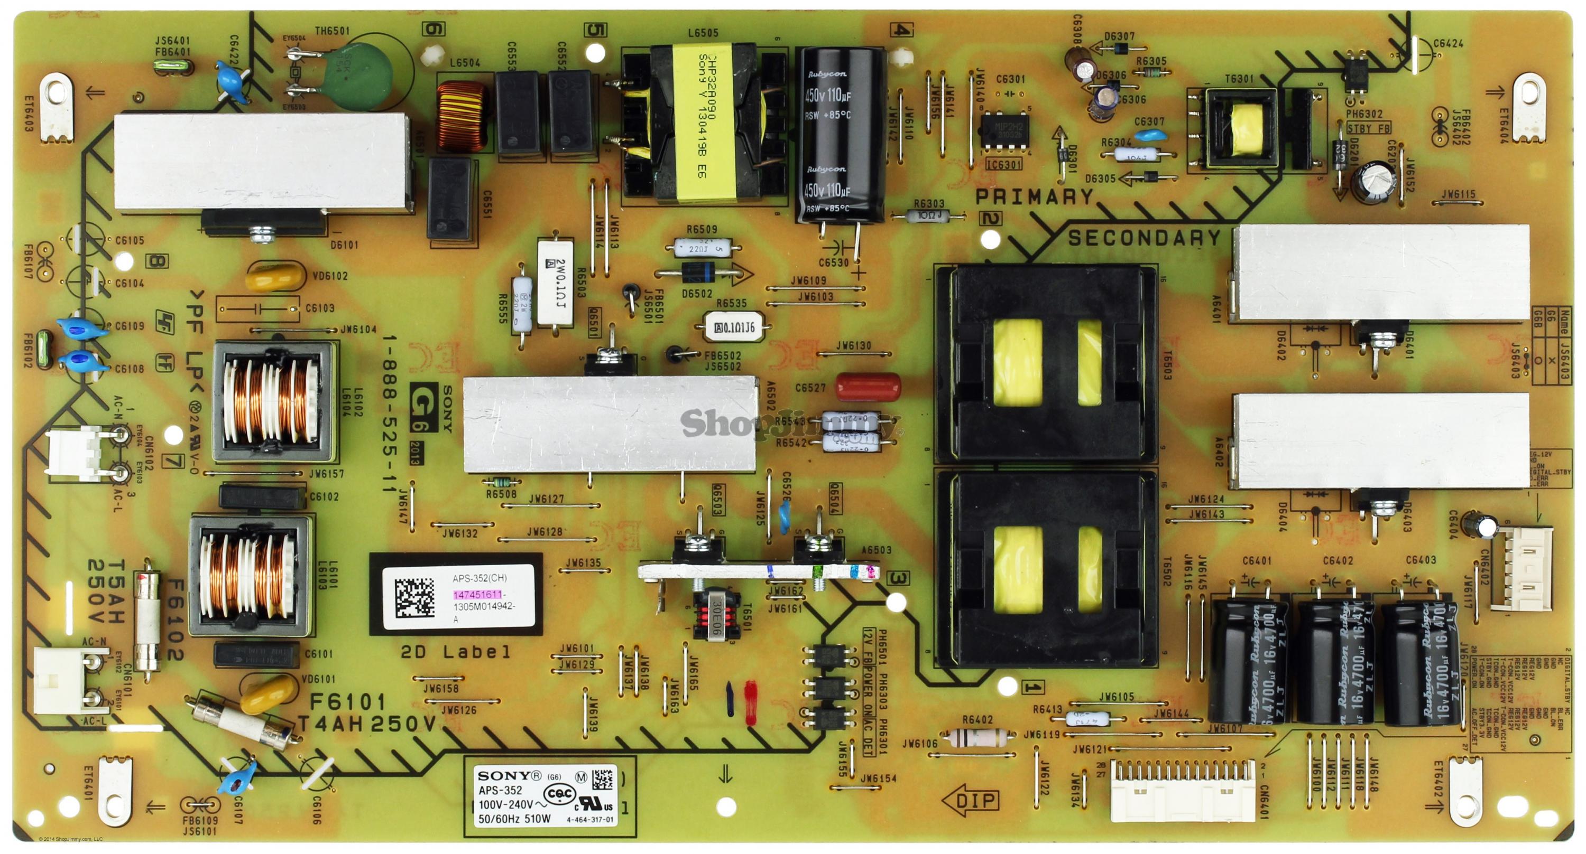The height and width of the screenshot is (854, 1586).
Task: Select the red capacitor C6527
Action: coord(868,387)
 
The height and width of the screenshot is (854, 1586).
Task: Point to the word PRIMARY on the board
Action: coord(1035,197)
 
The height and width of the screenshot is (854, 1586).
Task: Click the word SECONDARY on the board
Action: coord(1144,238)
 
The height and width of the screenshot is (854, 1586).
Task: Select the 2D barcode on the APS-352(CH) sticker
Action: coord(414,597)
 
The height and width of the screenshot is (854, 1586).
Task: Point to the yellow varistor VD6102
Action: coord(275,277)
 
